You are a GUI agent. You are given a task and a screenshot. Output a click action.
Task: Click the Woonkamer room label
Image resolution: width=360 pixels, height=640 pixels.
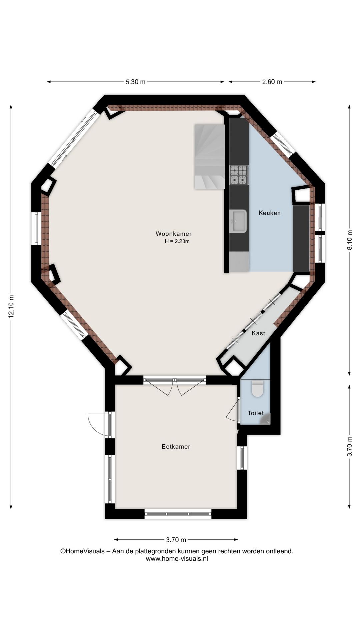click(x=173, y=234)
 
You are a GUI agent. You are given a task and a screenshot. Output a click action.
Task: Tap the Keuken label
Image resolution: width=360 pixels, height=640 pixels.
click(x=269, y=213)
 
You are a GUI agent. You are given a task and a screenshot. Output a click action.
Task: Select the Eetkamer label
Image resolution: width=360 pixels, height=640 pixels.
click(x=176, y=447)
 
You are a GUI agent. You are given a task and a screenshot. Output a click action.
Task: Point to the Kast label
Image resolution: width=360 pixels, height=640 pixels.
click(x=258, y=333)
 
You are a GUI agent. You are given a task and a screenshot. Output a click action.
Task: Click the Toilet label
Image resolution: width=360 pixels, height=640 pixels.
click(x=256, y=413)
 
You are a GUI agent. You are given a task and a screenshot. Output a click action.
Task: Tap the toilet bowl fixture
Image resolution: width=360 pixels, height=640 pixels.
click(x=257, y=389)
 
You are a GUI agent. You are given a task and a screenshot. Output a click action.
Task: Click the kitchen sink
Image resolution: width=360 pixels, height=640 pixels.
click(x=238, y=221)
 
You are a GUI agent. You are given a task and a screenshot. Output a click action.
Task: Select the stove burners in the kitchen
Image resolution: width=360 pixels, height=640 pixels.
click(x=239, y=175)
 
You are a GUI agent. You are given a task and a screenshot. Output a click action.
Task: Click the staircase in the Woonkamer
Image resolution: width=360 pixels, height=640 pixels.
click(x=209, y=157)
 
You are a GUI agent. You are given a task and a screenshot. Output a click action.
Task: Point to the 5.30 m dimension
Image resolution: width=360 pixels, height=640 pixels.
click(x=135, y=82)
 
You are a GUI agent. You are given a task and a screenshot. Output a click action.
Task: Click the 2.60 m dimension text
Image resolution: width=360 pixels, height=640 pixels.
click(x=272, y=82)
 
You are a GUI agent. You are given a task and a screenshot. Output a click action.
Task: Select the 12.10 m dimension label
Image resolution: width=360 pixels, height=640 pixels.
click(x=11, y=307)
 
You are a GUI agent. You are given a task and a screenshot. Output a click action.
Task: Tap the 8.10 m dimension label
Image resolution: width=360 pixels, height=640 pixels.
click(x=349, y=240)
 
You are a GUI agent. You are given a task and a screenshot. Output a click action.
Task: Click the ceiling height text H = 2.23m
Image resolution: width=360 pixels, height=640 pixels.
click(x=177, y=241)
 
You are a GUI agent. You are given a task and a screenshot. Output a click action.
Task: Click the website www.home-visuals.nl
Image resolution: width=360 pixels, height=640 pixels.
click(x=177, y=559)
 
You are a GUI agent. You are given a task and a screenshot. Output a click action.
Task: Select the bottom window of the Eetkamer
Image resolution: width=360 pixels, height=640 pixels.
click(x=178, y=514)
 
